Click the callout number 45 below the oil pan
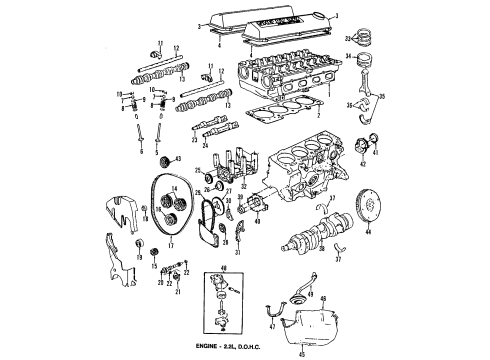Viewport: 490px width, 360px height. (x=318, y=350)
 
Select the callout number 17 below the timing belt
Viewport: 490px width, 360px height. (x=170, y=240)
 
